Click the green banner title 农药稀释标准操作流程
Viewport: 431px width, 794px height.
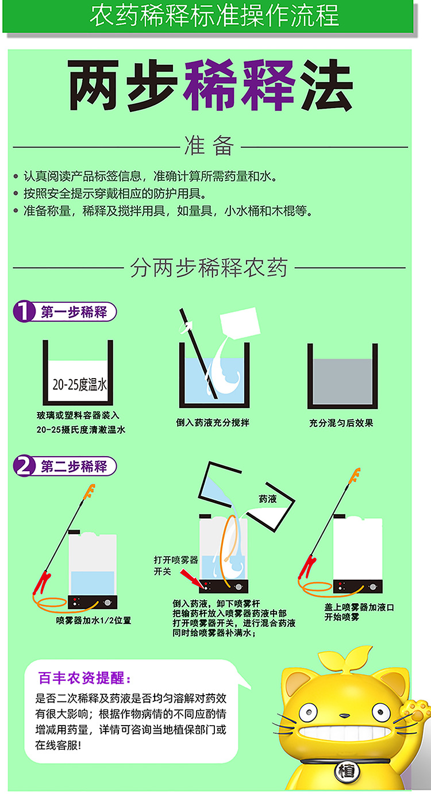point(214,16)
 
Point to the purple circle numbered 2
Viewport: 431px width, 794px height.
point(24,466)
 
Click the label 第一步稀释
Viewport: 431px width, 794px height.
point(74,313)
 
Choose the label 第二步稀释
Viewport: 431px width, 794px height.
point(74,466)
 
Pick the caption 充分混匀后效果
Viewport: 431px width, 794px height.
point(341,423)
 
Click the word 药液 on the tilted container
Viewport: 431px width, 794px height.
point(268,499)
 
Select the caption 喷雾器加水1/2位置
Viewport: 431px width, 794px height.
point(94,620)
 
